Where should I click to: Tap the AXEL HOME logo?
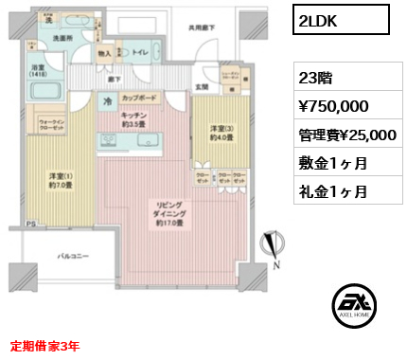click(354, 307)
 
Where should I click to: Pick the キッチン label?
click(133, 118)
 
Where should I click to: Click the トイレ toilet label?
click(138, 54)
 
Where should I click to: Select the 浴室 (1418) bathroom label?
click(39, 72)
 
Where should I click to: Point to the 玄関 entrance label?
click(201, 88)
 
